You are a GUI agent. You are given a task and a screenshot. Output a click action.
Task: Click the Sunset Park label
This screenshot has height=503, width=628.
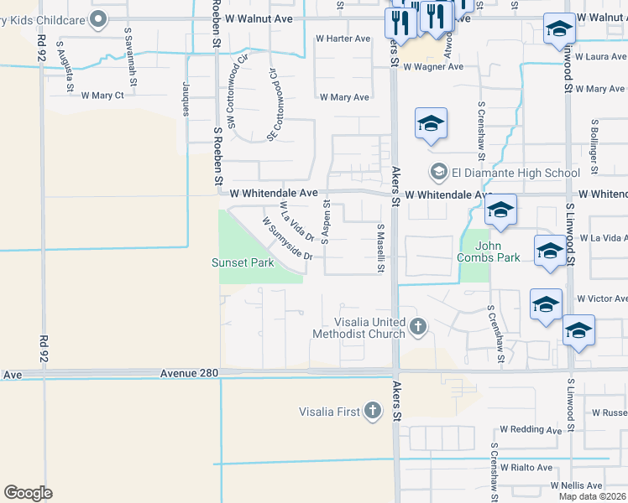point(242,262)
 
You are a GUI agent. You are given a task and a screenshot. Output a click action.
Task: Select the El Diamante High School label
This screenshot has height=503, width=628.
point(515,174)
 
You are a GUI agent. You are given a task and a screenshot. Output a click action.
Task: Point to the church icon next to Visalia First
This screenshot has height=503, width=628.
point(373,411)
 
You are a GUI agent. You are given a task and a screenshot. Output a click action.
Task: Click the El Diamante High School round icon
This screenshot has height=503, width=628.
point(438,174)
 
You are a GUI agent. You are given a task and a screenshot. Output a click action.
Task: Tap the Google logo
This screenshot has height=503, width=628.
point(28,493)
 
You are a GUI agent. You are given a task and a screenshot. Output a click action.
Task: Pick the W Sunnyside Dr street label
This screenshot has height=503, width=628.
point(286,239)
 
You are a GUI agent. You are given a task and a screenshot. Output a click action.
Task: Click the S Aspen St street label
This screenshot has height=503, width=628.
point(326,218)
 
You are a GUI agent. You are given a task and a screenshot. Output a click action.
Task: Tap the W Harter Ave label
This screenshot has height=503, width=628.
point(343,39)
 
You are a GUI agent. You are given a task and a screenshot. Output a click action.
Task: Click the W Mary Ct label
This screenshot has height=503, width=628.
point(102,95)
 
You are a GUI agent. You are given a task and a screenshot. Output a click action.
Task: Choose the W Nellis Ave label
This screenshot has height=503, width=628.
point(576,485)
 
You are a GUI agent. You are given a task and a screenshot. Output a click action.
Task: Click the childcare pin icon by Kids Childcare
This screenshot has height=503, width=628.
point(98,18)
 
